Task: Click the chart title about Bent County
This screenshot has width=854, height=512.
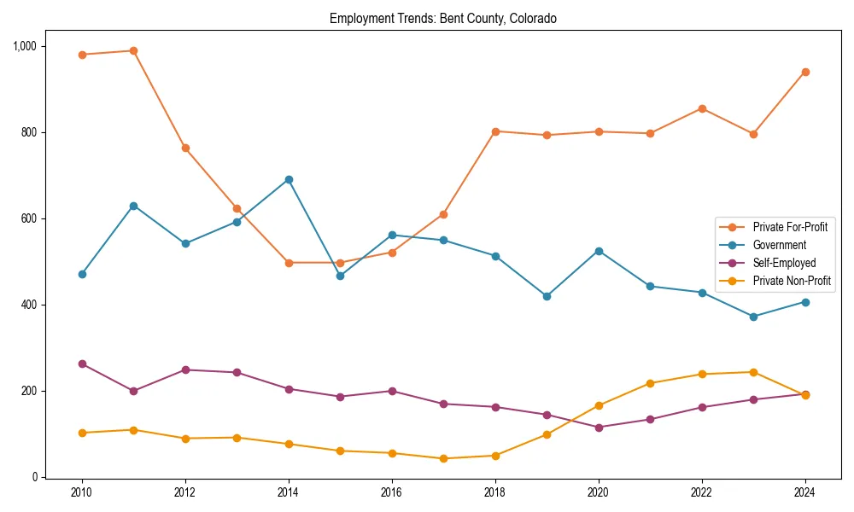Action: coord(442,19)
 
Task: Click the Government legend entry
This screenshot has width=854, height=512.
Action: coord(779,245)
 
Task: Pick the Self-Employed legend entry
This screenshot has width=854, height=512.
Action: coord(784,263)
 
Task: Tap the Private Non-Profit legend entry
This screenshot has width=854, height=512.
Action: coord(792,281)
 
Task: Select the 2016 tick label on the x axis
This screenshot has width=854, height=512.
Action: coord(392,492)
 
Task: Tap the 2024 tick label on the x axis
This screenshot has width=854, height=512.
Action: coord(804,492)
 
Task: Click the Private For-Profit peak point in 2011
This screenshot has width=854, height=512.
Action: coord(133,50)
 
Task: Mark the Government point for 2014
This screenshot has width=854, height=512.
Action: coord(289,179)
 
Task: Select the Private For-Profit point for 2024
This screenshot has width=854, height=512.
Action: coord(804,72)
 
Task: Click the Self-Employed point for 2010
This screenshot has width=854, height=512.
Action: coord(82,364)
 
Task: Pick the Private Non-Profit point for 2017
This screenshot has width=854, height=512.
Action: coord(443,458)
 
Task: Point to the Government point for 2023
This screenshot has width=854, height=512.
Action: coord(753,317)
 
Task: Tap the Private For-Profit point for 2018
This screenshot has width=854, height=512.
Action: coord(495,131)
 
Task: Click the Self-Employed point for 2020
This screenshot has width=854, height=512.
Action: coord(599,428)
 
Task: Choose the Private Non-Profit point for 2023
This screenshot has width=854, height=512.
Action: coord(753,372)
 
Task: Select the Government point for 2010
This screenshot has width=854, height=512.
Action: coord(82,274)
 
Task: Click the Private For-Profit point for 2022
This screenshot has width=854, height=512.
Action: coord(702,108)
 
